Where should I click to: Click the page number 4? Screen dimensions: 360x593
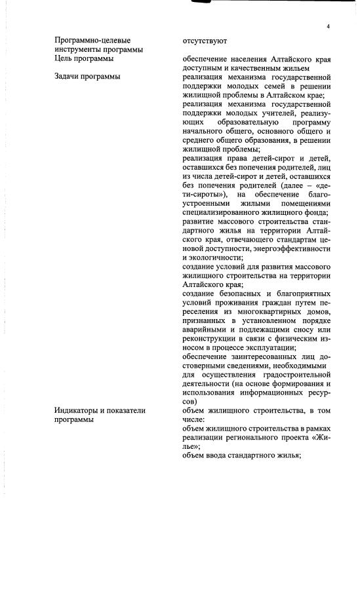(x=327, y=26)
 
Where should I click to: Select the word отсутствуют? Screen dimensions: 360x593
(x=205, y=41)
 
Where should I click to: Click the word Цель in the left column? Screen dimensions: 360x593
(x=64, y=59)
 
